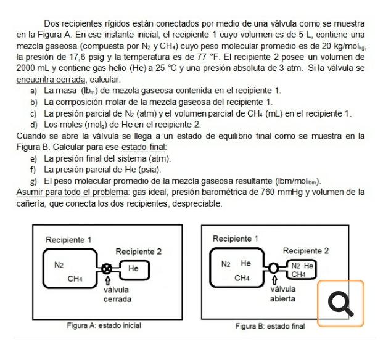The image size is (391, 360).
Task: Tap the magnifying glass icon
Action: coord(340,303)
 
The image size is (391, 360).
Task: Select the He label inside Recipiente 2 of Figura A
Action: coord(133,268)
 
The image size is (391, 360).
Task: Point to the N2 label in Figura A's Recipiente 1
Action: coord(59,264)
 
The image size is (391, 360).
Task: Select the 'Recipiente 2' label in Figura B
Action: coord(305,251)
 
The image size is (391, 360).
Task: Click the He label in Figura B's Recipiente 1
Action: coord(245,264)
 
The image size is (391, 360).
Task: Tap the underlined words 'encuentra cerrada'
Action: coord(51,80)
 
